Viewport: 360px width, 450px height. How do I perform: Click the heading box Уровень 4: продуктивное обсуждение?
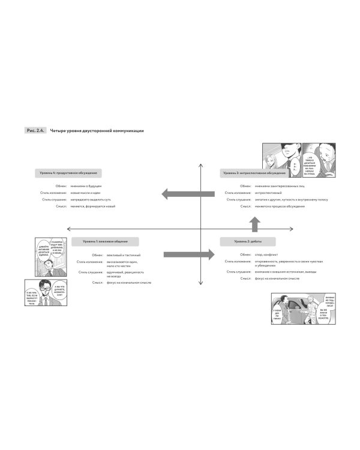[x=68, y=173]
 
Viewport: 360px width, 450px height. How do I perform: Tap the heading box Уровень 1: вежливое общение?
[x=105, y=241]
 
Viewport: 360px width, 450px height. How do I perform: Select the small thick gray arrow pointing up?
[x=254, y=224]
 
